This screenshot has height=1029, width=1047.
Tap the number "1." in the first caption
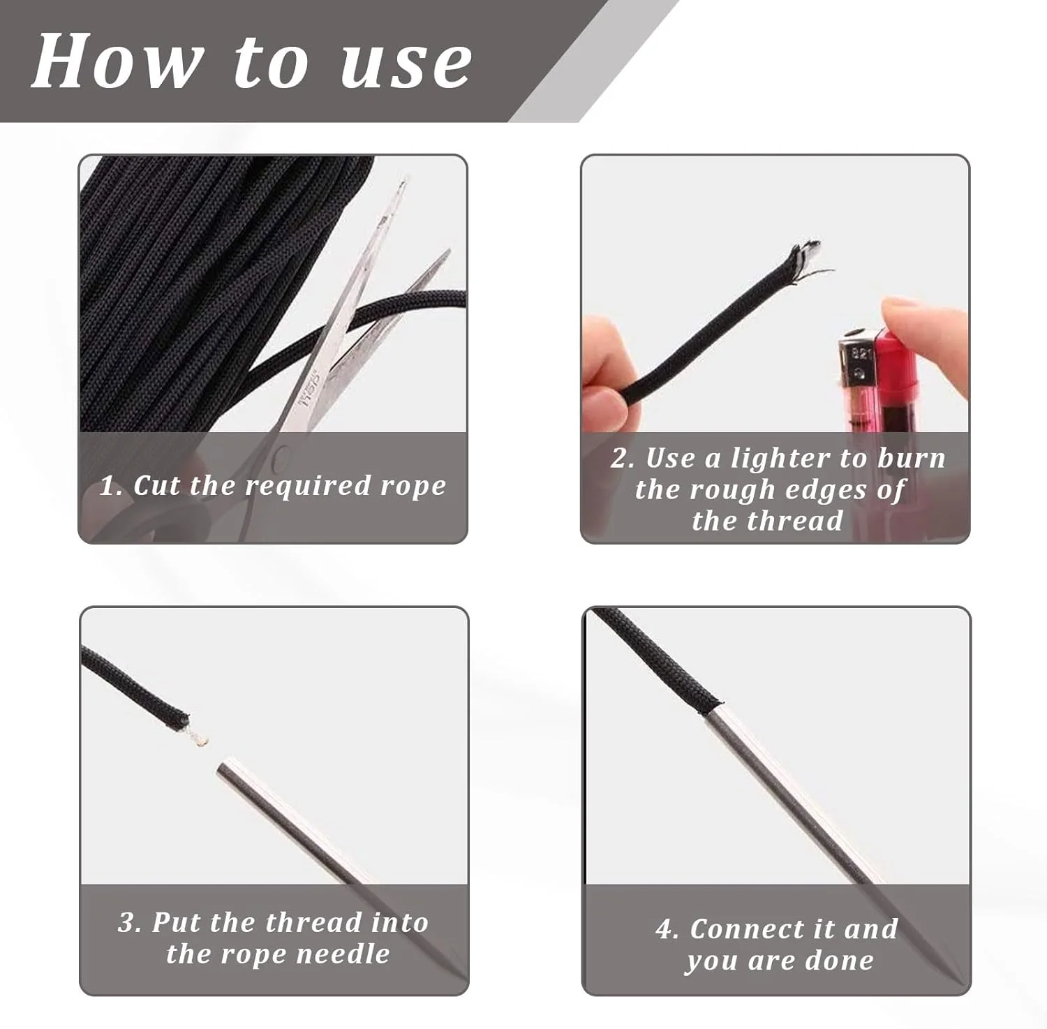point(111,485)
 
